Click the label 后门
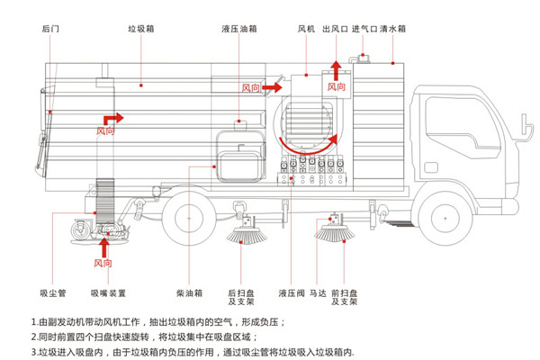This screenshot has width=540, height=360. coord(50,29)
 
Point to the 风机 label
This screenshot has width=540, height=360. coord(306,29)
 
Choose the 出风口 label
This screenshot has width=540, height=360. coord(334,29)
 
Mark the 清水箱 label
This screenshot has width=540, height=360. coord(392,29)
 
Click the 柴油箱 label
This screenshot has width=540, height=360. coord(188,292)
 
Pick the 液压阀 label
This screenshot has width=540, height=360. coord(290,292)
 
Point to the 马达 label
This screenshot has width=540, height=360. coord(317,292)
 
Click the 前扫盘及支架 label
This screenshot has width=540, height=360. coord(346,297)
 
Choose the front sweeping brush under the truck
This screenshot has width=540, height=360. coord(335,234)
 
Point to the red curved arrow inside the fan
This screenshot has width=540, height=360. coord(306,142)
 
